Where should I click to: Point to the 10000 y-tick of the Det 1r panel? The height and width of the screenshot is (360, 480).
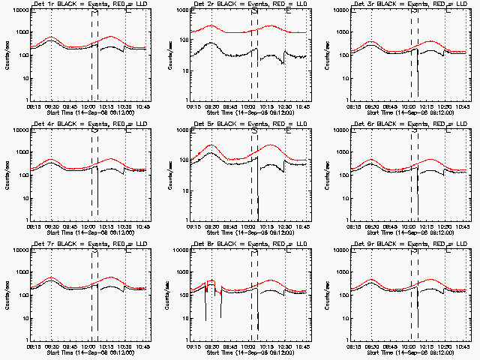19,10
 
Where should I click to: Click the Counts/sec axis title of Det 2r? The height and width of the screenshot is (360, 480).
166,55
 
